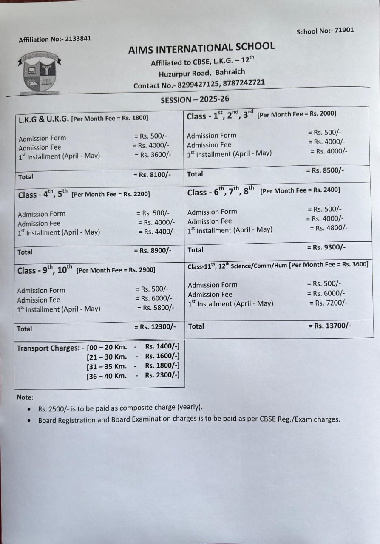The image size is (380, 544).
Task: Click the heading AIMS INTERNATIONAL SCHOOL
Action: coord(201,48)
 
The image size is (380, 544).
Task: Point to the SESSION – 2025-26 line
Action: coord(195,99)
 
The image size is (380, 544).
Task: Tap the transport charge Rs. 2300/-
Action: coord(162,375)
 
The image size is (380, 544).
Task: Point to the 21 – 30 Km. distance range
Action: coord(107,357)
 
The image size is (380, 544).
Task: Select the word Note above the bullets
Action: coord(24,397)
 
